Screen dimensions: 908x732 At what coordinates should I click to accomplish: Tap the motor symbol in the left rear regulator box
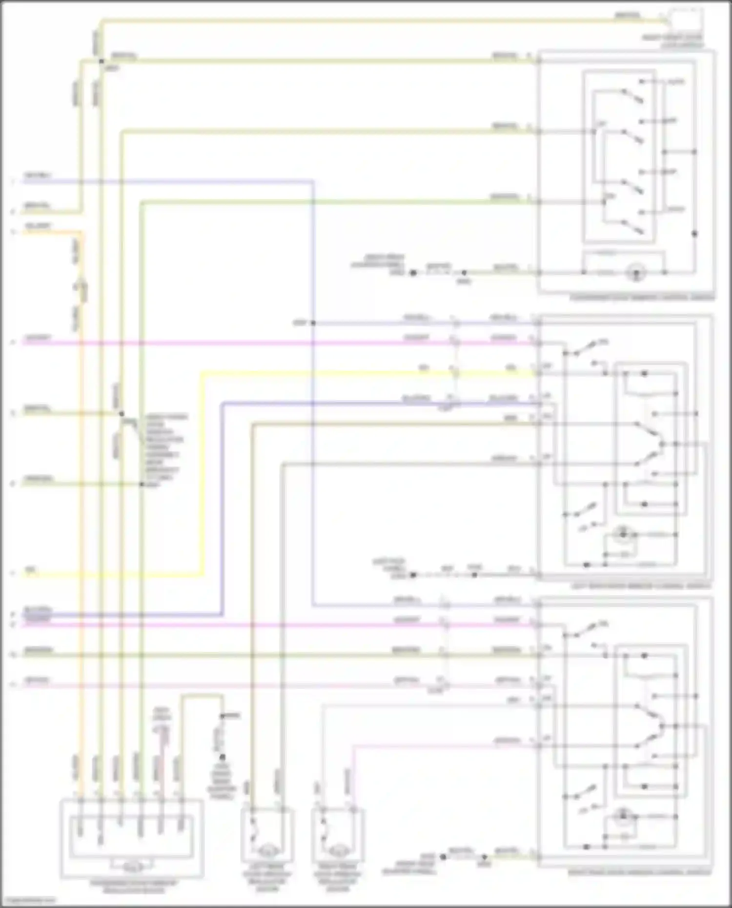(267, 850)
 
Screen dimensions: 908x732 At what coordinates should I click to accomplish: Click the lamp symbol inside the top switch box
(635, 272)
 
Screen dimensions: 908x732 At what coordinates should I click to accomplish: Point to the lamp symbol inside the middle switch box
(622, 535)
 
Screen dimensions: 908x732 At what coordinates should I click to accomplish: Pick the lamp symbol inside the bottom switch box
(622, 817)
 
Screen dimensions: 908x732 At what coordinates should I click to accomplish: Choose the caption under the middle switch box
(642, 585)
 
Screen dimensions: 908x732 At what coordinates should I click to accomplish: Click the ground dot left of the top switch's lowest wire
(413, 273)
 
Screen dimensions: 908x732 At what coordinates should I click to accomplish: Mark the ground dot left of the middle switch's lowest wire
(413, 575)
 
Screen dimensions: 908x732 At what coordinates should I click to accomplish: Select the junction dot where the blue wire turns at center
(313, 323)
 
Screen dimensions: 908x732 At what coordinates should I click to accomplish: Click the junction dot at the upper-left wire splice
(102, 61)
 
